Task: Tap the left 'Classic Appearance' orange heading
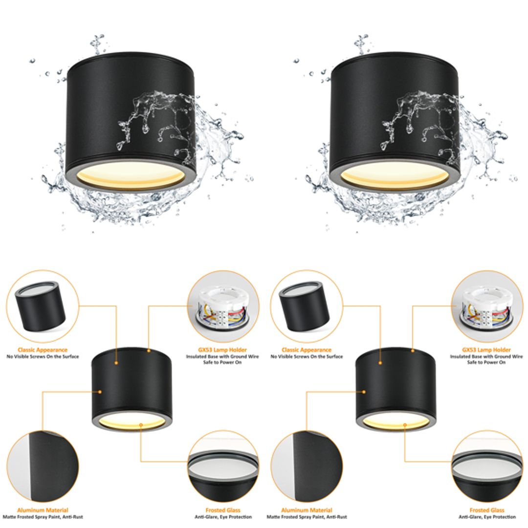pos(43,350)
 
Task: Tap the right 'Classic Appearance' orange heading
pos(307,350)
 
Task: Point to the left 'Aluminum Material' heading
pos(43,510)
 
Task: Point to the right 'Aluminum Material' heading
pos(307,510)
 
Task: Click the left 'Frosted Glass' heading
pos(223,510)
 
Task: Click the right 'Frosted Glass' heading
pos(486,510)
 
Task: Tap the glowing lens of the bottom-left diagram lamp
pos(132,422)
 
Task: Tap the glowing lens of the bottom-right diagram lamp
pos(396,422)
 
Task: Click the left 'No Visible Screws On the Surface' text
pos(43,357)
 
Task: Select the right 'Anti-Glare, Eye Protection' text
pos(486,517)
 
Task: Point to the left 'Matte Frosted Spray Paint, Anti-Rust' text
pos(43,517)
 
